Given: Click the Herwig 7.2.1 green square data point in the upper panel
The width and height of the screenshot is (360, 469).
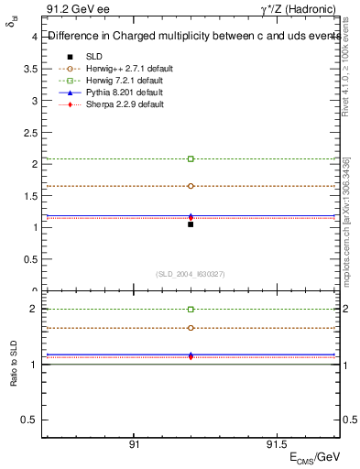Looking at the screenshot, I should (191, 158).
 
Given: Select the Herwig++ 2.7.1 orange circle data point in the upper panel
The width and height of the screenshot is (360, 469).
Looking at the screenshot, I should (191, 186).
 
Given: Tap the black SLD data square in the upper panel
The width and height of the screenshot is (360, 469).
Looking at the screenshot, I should (191, 224).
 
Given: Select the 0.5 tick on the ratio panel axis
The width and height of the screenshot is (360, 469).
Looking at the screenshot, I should (31, 420).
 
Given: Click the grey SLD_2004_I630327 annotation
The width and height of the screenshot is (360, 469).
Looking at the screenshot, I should (191, 273).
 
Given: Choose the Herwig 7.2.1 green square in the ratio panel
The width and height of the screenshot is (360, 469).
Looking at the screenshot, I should (191, 310).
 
